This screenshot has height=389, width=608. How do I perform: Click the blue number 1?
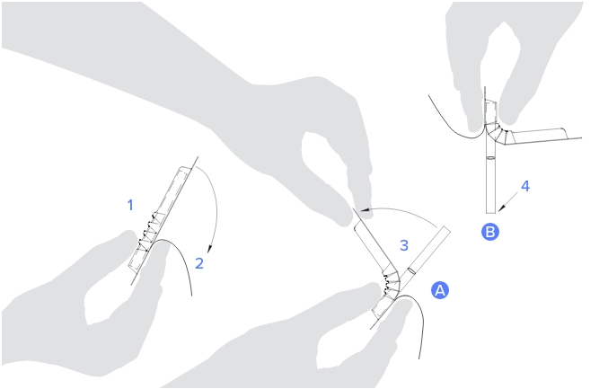(x=130, y=205)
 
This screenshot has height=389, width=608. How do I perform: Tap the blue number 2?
(x=199, y=263)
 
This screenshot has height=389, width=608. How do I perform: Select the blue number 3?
(x=404, y=245)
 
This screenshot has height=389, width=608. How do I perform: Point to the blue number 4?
(x=525, y=186)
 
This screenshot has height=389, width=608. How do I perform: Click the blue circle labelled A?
(x=440, y=290)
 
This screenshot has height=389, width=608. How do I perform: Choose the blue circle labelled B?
(x=490, y=232)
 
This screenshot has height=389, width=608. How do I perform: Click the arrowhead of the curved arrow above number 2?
(x=210, y=249)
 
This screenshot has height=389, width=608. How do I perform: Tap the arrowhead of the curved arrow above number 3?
(x=364, y=210)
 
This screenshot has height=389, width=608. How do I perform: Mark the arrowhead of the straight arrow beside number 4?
(x=501, y=208)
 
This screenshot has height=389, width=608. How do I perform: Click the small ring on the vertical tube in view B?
(x=490, y=158)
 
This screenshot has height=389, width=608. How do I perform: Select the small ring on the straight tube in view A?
(x=412, y=270)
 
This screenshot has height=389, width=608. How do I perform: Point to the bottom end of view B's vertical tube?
(x=490, y=213)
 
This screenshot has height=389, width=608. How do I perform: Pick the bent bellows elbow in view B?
(x=498, y=133)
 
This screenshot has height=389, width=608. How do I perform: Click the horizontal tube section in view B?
(x=539, y=136)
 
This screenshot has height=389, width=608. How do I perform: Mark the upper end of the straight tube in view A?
(x=445, y=229)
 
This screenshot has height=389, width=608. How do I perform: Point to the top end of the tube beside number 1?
(x=186, y=168)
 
